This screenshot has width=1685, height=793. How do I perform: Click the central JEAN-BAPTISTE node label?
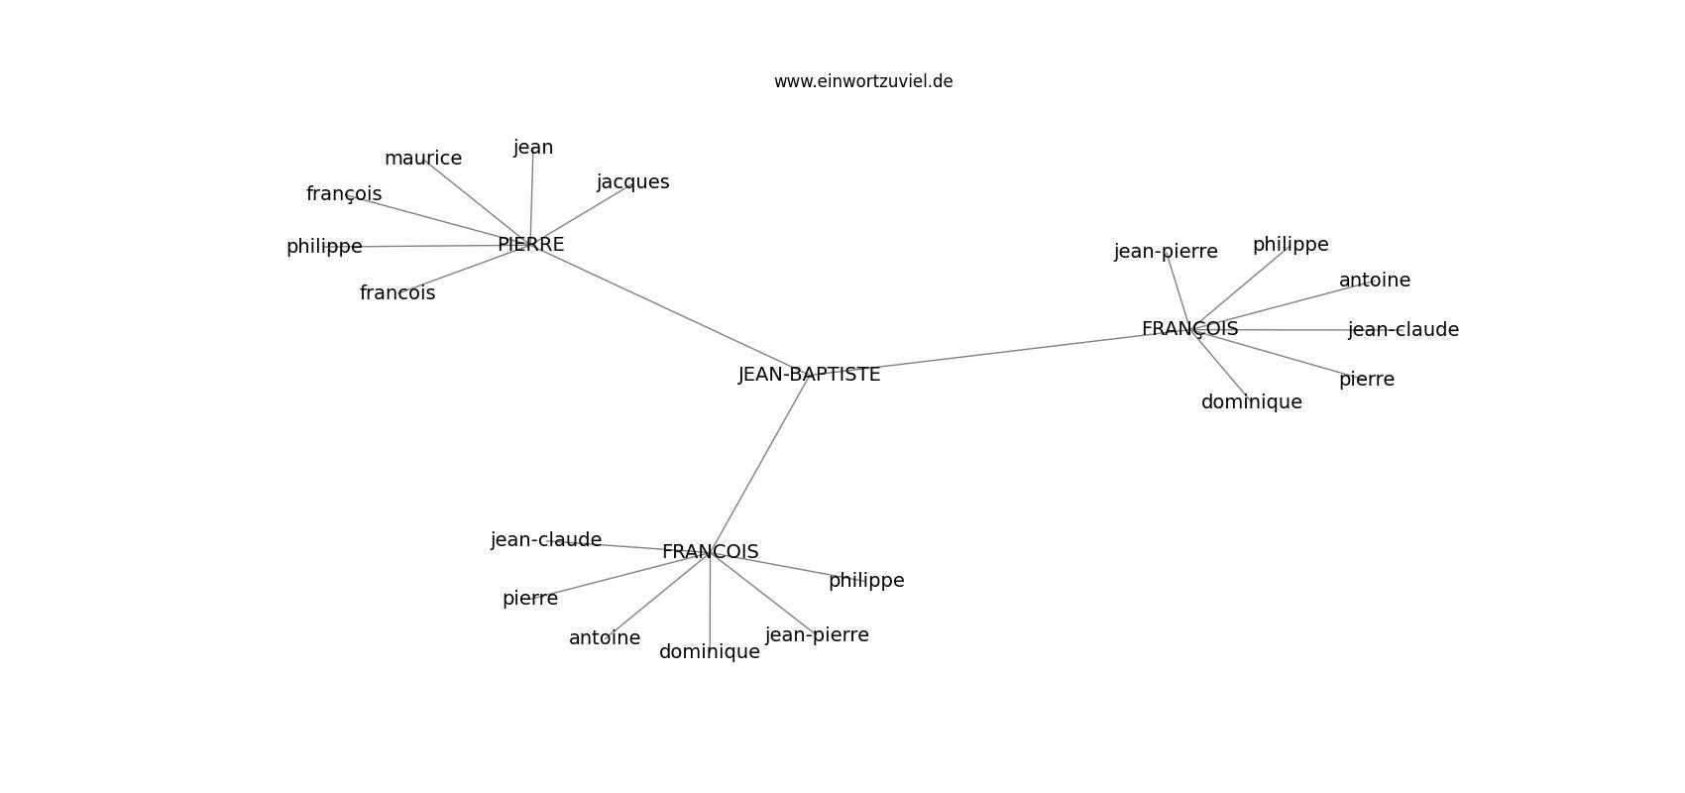click(x=809, y=374)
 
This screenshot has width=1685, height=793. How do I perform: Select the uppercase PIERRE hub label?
click(x=530, y=244)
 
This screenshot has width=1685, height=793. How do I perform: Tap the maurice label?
click(x=423, y=158)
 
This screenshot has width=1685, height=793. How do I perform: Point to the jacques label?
click(x=632, y=182)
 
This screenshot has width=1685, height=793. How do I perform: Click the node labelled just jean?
click(x=533, y=148)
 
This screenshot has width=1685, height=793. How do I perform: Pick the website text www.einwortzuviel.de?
click(x=862, y=81)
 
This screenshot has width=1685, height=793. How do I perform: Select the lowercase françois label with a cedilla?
click(x=344, y=194)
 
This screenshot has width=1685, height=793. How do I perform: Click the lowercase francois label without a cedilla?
click(x=397, y=292)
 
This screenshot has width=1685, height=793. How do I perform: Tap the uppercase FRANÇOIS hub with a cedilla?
click(x=1189, y=329)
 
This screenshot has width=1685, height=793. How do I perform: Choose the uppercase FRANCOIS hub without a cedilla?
click(x=710, y=551)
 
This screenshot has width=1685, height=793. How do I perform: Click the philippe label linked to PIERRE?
click(x=324, y=247)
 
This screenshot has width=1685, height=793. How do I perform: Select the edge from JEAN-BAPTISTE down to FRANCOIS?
click(x=759, y=463)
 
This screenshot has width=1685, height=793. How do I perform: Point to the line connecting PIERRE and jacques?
click(x=582, y=214)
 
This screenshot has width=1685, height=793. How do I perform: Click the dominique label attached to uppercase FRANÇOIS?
click(x=1251, y=402)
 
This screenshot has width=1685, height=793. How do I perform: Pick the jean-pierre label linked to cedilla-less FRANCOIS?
click(x=817, y=635)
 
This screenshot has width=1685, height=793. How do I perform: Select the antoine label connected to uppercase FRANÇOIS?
click(x=1375, y=280)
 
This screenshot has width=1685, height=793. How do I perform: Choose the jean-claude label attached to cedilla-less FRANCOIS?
click(x=546, y=539)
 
